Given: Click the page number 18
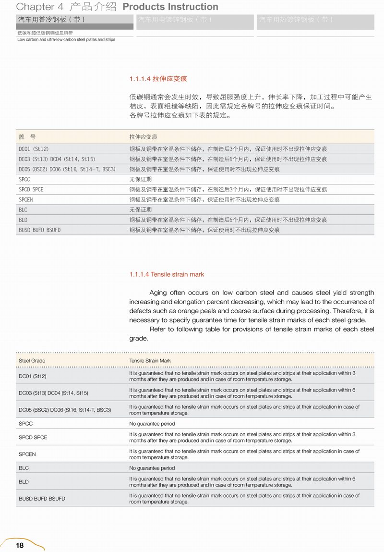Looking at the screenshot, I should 20,545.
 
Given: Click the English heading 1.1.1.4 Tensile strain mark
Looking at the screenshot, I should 167,274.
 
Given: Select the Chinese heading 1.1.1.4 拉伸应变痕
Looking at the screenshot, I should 155,79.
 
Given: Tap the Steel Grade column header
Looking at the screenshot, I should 32,360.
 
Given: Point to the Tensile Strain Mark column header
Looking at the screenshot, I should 150,360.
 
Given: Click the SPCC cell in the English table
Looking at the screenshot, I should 26,424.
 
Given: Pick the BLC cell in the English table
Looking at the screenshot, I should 24,468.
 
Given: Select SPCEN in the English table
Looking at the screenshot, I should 27,454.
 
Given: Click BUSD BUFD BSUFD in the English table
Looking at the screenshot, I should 42,499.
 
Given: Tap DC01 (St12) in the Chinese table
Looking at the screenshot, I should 34,149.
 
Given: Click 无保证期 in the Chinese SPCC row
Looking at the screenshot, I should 140,179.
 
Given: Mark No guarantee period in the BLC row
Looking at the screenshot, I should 152,468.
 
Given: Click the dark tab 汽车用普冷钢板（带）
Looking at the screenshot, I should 51,20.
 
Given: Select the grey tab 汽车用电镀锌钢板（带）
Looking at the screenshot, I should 175,20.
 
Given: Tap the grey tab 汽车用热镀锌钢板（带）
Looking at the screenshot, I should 296,20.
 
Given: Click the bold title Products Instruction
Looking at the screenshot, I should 170,7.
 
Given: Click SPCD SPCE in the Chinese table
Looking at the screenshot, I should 31,189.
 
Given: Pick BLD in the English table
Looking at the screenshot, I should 24,482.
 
